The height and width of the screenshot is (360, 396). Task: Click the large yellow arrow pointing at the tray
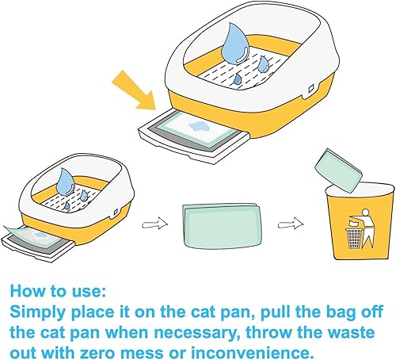tap(136, 87)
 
